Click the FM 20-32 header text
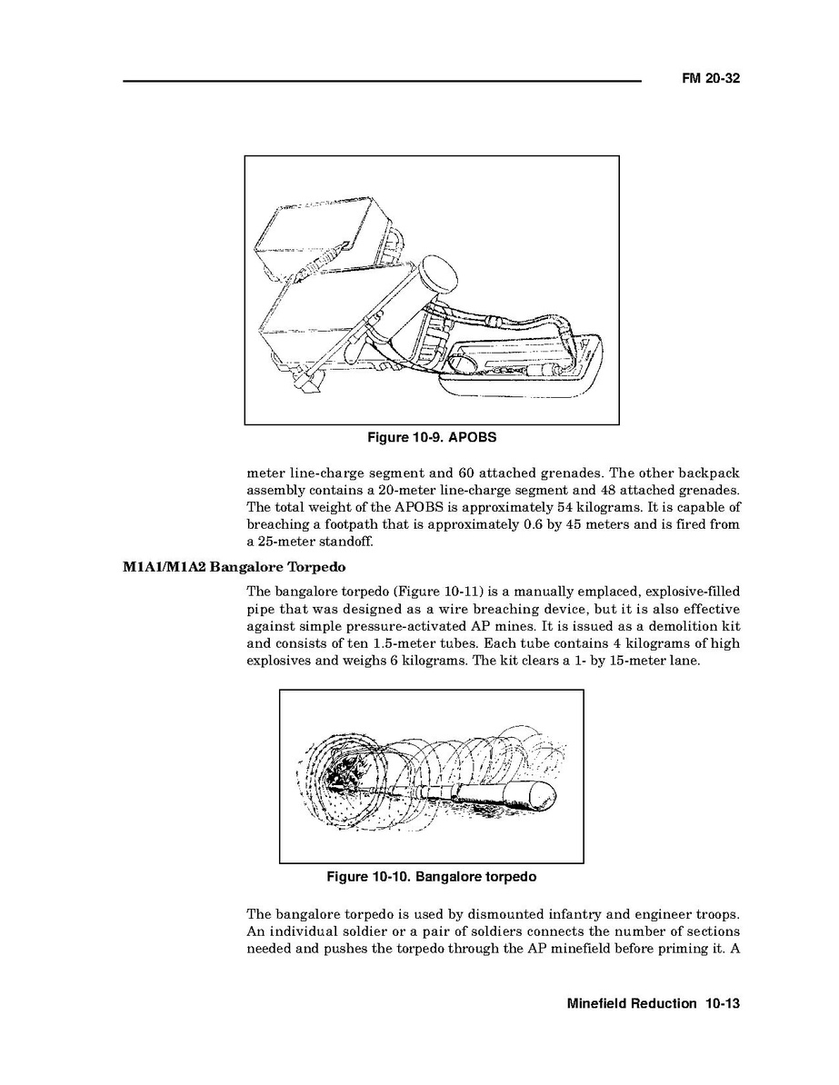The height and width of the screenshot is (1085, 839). point(710,79)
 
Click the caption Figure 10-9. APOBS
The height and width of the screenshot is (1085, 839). point(432,438)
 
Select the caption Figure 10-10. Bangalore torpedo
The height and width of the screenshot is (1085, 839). point(432,877)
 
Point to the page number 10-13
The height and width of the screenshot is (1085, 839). point(722,1004)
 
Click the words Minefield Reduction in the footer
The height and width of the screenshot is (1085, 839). point(631,1004)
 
